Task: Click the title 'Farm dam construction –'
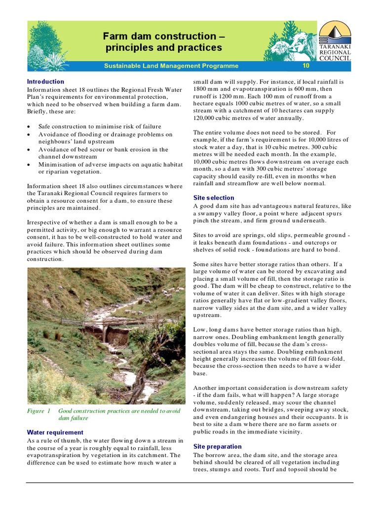click(163, 36)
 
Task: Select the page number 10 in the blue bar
click(306, 66)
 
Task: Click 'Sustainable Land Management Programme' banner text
click(171, 66)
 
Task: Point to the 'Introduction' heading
click(45, 82)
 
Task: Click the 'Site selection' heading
click(214, 198)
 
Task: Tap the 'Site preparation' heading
click(217, 446)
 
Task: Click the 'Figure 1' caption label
click(39, 411)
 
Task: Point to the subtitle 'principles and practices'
click(163, 48)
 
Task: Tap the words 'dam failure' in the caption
click(73, 418)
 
